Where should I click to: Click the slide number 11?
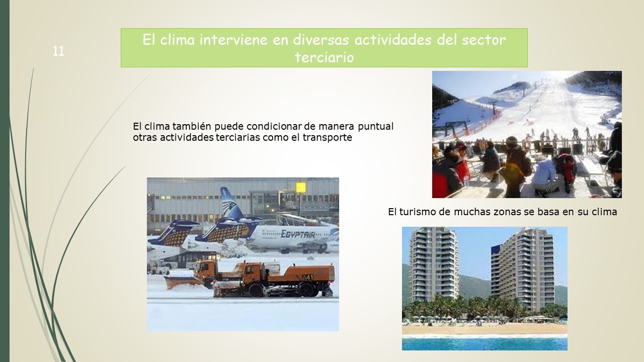58,51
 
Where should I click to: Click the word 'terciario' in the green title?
325,57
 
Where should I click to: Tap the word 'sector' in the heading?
484,40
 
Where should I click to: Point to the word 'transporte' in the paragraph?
327,137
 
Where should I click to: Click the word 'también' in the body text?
192,126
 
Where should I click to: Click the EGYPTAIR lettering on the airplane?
297,234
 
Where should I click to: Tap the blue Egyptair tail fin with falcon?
231,203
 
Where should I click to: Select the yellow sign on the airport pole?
301,188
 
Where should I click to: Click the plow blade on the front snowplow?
183,282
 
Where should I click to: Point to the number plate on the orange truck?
307,277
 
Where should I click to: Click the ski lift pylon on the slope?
494,107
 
